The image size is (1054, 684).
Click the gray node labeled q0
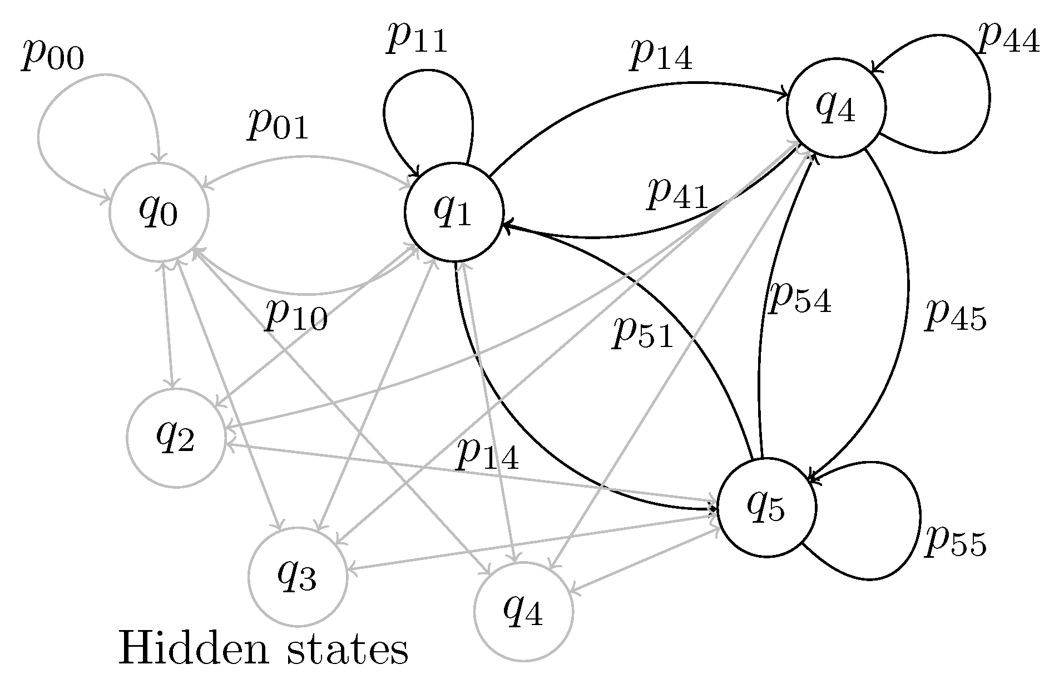coord(159,212)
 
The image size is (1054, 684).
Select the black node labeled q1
coord(454,212)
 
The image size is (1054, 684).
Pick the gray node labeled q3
coord(298,577)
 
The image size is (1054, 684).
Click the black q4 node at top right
coord(835,109)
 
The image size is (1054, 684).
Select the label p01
coord(278,125)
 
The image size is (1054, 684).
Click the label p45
coord(955,317)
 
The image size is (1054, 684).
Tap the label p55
coord(956,542)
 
